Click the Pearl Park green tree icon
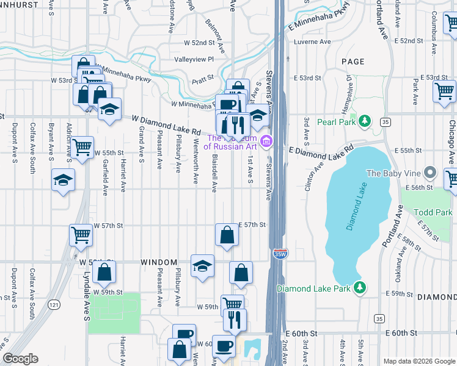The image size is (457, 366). tap(365, 121)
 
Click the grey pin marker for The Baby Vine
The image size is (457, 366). tap(431, 173)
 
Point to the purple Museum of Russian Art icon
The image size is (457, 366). tap(266, 142)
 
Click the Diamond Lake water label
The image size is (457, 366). tap(359, 215)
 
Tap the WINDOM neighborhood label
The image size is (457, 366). tap(159, 262)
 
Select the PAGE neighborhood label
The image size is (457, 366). tap(353, 62)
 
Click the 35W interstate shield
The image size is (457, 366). tap(280, 253)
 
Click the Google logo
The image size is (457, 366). tap(21, 359)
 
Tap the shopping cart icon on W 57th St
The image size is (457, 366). tap(81, 234)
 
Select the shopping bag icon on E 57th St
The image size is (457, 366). tap(227, 234)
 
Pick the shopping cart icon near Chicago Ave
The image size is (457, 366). tap(444, 91)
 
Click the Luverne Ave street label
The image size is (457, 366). tap(312, 42)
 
